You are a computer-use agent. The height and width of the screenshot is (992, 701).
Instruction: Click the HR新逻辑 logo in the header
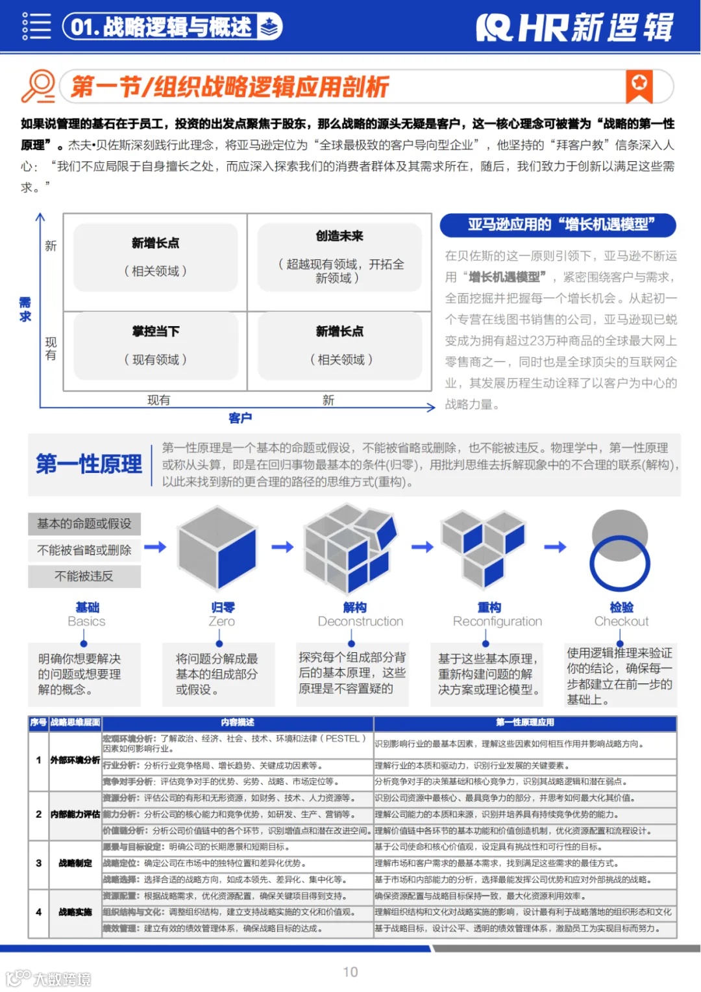(575, 27)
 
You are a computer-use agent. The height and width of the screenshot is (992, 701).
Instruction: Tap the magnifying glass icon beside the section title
(38, 86)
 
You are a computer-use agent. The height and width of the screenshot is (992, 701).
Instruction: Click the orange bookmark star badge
(639, 85)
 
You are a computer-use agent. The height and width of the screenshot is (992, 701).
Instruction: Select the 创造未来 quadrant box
(339, 257)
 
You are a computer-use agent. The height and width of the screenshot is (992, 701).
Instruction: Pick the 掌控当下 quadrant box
(155, 345)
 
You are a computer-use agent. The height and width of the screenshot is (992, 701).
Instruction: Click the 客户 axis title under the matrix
(240, 418)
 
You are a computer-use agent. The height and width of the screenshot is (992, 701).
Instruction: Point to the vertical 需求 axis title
(25, 309)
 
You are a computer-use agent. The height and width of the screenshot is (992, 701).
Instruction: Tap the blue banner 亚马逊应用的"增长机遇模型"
(558, 225)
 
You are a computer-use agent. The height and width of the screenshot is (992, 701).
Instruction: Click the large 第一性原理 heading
(89, 464)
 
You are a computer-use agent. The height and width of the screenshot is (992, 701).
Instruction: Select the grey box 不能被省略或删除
(84, 550)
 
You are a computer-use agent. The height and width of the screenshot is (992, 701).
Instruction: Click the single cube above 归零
(217, 548)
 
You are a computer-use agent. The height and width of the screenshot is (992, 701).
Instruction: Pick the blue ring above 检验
(619, 562)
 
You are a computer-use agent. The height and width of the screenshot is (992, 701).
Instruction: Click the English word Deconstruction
(360, 622)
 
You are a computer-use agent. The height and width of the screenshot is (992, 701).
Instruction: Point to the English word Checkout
(621, 622)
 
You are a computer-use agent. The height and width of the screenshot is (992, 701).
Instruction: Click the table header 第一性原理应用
(525, 722)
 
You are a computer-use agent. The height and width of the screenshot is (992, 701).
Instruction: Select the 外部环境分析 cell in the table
(75, 759)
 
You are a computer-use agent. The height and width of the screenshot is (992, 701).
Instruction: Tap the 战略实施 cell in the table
(75, 912)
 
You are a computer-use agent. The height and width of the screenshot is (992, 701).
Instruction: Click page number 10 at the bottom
(350, 972)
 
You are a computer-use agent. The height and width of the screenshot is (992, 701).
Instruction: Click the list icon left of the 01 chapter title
(36, 27)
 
